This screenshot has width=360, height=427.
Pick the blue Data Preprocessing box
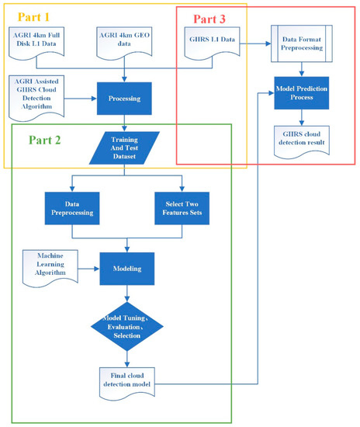tap(72, 205)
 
